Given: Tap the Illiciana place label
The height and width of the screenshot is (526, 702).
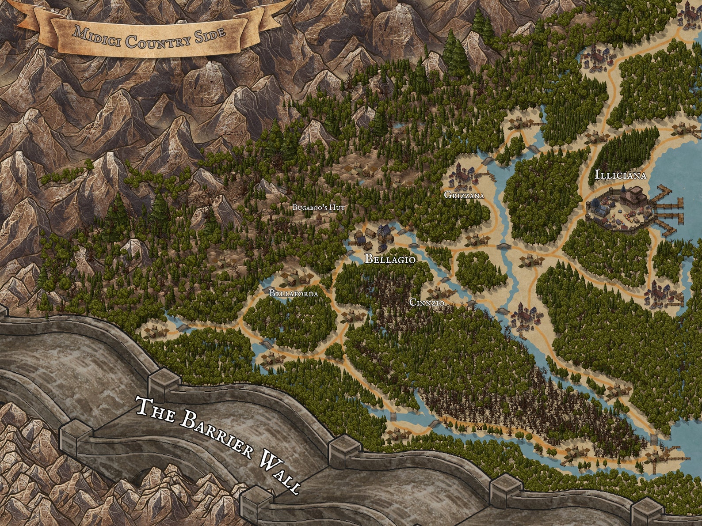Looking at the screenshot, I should (x=620, y=175).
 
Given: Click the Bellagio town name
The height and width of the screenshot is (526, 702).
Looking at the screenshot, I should (x=389, y=259).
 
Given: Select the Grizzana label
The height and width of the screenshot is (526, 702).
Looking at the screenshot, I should (x=464, y=195).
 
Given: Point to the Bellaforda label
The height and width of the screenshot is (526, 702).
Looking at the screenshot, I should (x=294, y=293).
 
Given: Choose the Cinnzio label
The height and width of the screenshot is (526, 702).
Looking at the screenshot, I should (x=427, y=303).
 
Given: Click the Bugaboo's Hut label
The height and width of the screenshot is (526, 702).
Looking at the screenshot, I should (x=318, y=207).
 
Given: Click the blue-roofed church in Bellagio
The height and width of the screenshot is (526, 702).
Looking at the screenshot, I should (x=384, y=231).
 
